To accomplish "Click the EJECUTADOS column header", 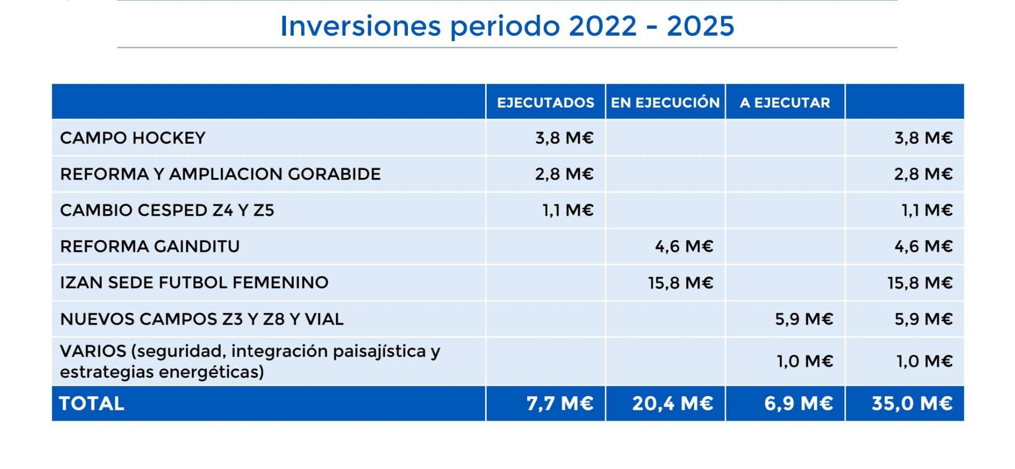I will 545,103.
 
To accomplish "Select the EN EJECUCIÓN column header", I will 665,103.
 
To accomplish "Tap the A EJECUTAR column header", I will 785,103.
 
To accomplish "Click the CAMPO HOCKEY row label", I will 133,138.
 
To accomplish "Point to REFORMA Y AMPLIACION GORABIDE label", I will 220,174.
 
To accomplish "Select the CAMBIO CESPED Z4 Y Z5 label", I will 167,210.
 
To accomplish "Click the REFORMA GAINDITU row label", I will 150,246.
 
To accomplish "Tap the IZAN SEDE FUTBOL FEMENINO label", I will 194,283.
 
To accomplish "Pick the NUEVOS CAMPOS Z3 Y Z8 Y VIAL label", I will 202,319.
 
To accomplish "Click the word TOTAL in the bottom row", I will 92,404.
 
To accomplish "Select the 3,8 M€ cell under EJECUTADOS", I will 564,138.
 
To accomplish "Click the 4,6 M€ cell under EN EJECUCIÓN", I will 684,246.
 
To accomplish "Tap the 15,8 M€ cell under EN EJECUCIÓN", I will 680,283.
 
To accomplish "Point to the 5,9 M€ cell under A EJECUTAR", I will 804,319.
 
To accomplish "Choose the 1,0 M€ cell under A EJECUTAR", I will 804,361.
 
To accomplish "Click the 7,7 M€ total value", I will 560,404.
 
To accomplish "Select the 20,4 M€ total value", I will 672,404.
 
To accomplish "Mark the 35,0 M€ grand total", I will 912,404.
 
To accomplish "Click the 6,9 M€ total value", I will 798,404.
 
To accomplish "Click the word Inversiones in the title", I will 360,26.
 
